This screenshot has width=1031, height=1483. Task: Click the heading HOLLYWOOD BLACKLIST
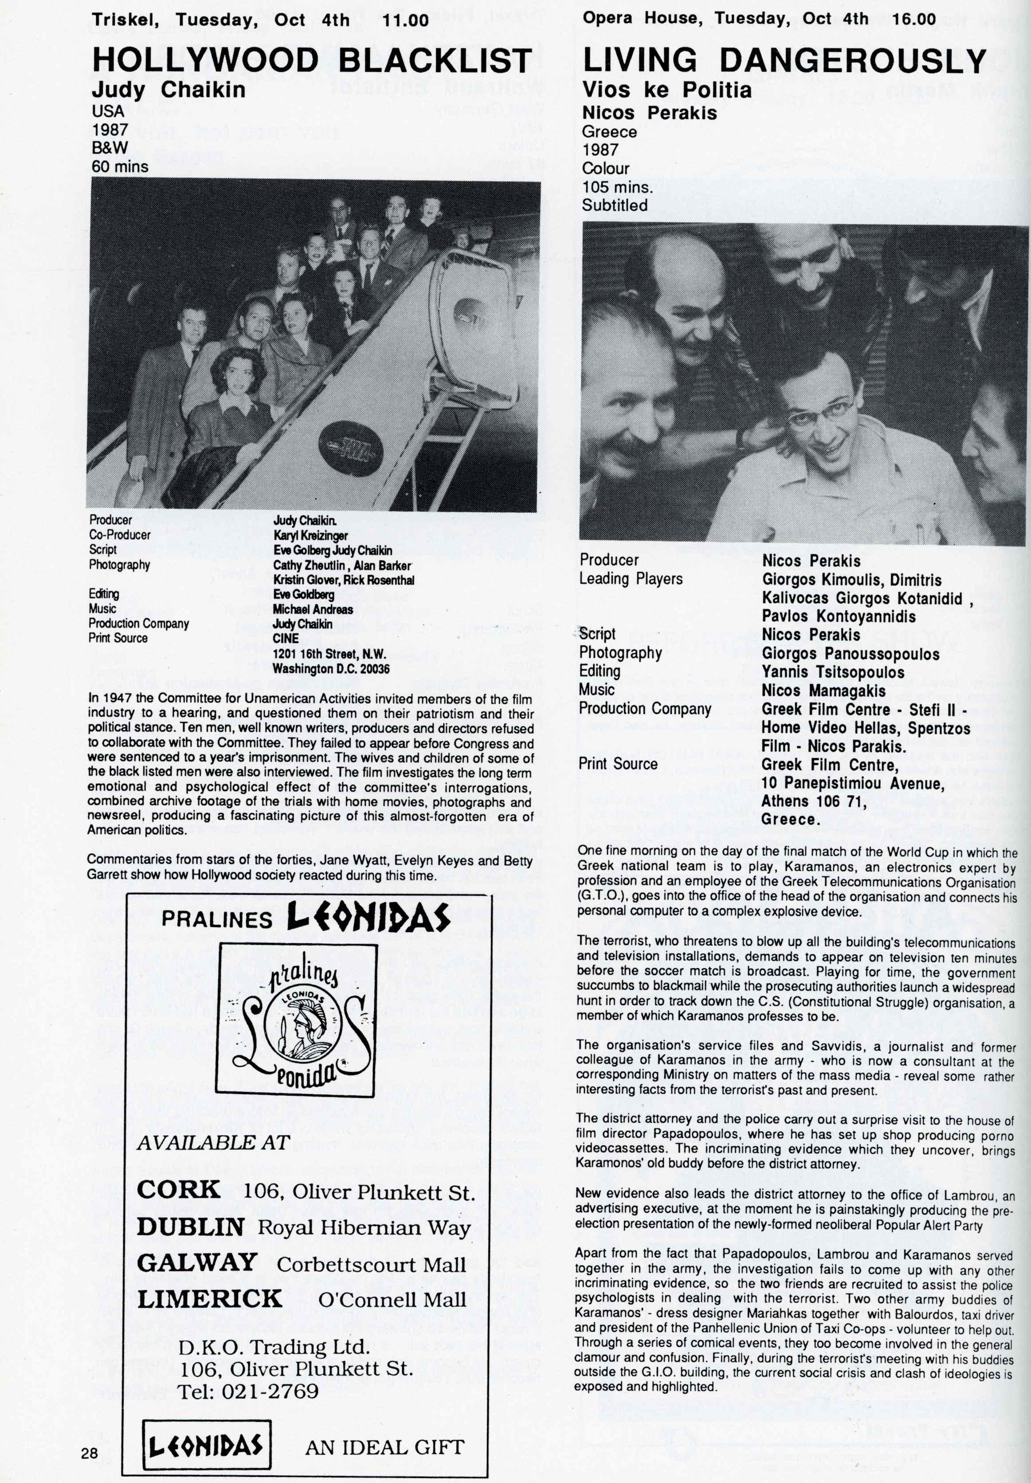coord(312,61)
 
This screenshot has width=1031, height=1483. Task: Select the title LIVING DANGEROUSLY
coord(784,61)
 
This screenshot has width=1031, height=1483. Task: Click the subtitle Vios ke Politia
coord(667,89)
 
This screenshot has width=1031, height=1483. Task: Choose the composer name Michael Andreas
coord(313,609)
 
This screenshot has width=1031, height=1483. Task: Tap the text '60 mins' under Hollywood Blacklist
coord(120,167)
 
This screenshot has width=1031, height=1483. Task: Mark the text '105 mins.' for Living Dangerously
coord(618,187)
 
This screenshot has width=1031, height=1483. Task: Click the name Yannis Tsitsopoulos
coord(833,672)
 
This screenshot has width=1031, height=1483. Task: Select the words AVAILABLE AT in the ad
coord(213,1143)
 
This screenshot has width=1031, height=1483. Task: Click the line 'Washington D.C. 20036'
coord(331,669)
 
